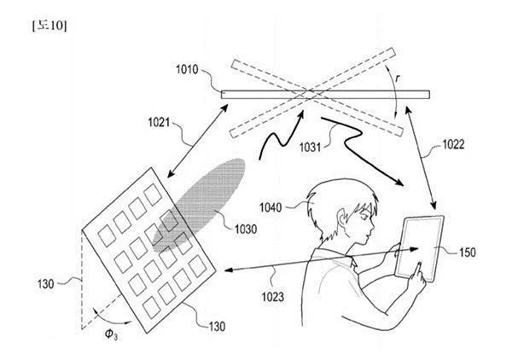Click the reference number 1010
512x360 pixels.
(187, 69)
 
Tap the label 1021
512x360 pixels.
(159, 122)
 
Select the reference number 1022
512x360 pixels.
(453, 144)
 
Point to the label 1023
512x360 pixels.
(273, 297)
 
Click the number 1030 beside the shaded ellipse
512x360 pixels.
(246, 229)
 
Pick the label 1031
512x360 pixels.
(311, 148)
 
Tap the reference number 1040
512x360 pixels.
(271, 207)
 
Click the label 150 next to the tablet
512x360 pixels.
(468, 253)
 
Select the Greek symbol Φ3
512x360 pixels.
(111, 334)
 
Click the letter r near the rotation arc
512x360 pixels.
(398, 78)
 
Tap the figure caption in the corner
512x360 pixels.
(49, 26)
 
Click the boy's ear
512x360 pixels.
(343, 219)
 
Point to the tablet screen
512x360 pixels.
(419, 247)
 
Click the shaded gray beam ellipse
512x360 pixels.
(199, 206)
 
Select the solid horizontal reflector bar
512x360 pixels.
(325, 95)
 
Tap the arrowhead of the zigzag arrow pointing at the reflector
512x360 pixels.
(300, 114)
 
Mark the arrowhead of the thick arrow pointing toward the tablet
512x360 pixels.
(399, 182)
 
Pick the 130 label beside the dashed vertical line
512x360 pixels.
(46, 284)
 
